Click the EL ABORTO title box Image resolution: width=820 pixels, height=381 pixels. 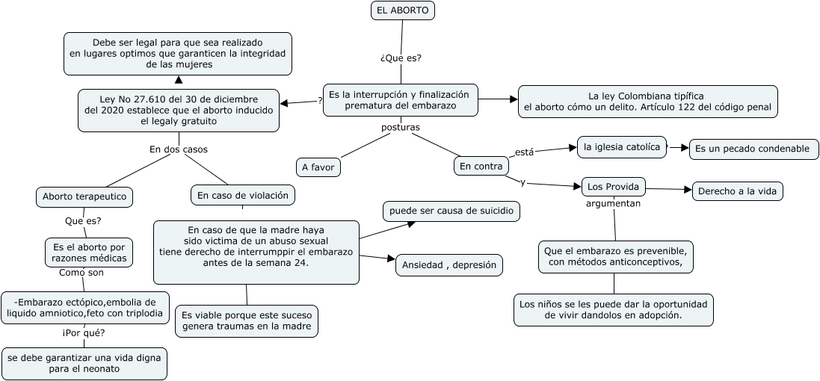point(402,10)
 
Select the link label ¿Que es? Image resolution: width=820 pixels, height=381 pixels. point(401,58)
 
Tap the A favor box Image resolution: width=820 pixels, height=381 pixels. point(318,167)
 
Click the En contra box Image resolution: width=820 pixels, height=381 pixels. point(481,166)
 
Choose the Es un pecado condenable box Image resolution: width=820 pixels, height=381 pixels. point(753,149)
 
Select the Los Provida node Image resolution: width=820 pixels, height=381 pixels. point(612,187)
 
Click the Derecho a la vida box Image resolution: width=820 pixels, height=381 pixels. point(737,191)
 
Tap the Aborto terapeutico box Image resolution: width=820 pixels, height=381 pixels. point(84,196)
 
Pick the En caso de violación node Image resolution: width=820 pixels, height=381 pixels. point(243,196)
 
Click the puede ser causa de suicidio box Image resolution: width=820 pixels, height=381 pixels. point(451,211)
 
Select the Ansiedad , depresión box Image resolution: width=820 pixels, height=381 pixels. point(448,265)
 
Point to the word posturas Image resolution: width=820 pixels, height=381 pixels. point(401,128)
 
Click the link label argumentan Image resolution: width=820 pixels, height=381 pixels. point(613,203)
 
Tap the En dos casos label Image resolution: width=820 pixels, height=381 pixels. point(179,149)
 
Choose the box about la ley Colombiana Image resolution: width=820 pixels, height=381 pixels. point(648,102)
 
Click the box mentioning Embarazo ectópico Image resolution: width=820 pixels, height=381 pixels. point(84,308)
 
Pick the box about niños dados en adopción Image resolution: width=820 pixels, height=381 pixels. point(614,310)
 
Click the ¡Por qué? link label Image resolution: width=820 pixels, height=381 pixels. point(84,333)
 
